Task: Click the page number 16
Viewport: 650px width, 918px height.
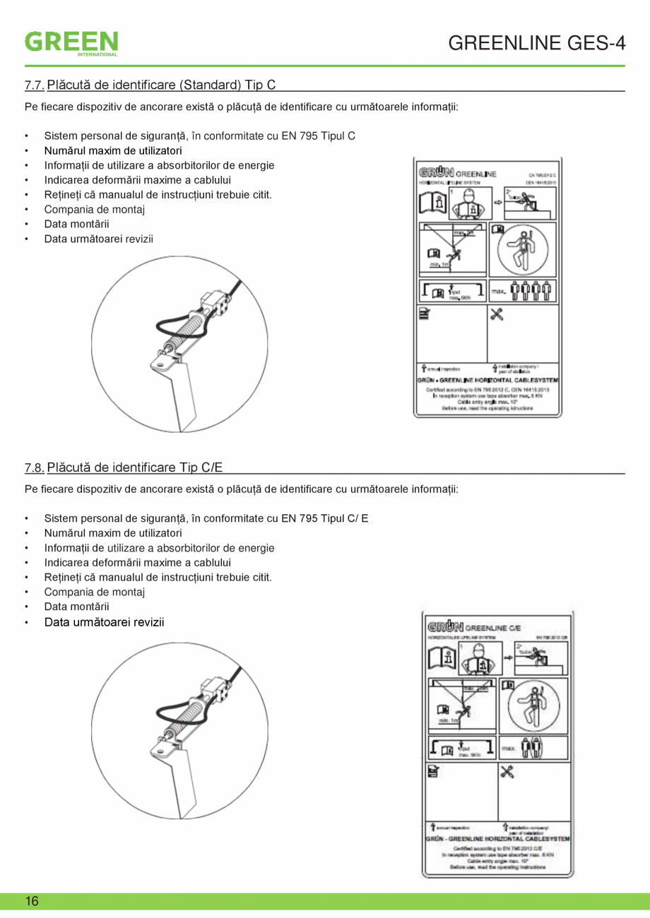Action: tap(32, 901)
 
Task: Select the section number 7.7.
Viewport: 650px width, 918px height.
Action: tap(34, 85)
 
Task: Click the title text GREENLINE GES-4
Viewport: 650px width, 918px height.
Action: tap(537, 43)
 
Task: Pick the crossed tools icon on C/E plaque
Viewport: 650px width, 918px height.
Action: tap(507, 772)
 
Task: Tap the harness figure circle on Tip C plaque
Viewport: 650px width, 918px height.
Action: tap(523, 251)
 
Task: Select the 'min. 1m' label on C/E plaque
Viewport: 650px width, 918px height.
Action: tap(447, 720)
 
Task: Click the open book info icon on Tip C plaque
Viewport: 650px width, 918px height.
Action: tap(433, 205)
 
